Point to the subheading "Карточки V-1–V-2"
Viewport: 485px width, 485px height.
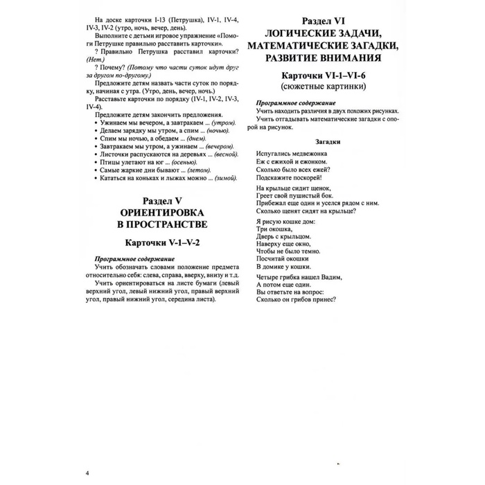pyautogui.click(x=160, y=243)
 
